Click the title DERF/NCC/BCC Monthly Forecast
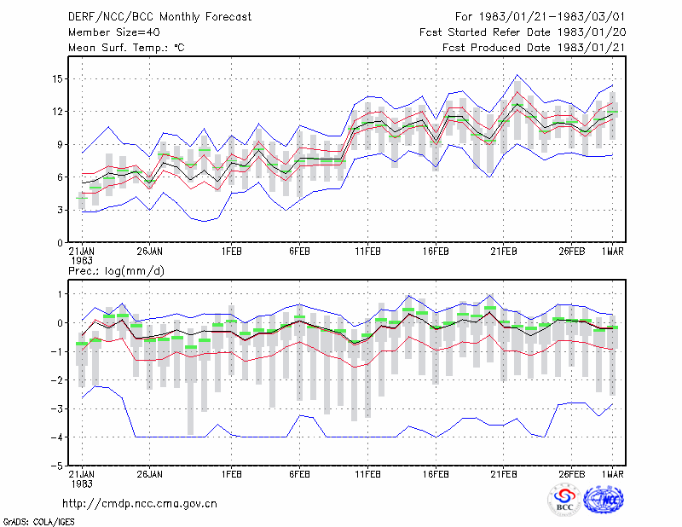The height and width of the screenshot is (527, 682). click(x=159, y=17)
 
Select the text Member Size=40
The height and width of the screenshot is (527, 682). click(x=114, y=32)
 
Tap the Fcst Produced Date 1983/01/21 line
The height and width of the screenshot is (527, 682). click(x=534, y=48)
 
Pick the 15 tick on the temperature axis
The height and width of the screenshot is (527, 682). click(x=57, y=79)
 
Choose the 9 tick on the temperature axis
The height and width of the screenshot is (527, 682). click(x=60, y=144)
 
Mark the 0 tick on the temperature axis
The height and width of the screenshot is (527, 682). click(x=60, y=243)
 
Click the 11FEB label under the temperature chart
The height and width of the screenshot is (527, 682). click(x=368, y=252)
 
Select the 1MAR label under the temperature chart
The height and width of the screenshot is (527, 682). click(x=612, y=252)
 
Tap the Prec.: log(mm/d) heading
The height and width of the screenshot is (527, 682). click(x=116, y=271)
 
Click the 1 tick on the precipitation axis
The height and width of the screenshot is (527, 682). click(x=61, y=294)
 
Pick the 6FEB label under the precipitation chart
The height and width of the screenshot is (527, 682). click(x=300, y=474)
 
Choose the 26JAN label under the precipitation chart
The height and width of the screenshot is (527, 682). click(x=150, y=474)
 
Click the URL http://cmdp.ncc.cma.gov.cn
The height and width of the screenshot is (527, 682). click(x=140, y=504)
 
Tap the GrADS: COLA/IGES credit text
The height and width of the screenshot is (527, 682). click(x=38, y=522)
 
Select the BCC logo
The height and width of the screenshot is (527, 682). click(x=564, y=500)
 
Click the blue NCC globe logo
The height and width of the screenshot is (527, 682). click(x=604, y=500)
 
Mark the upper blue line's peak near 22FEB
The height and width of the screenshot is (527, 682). click(x=517, y=75)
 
